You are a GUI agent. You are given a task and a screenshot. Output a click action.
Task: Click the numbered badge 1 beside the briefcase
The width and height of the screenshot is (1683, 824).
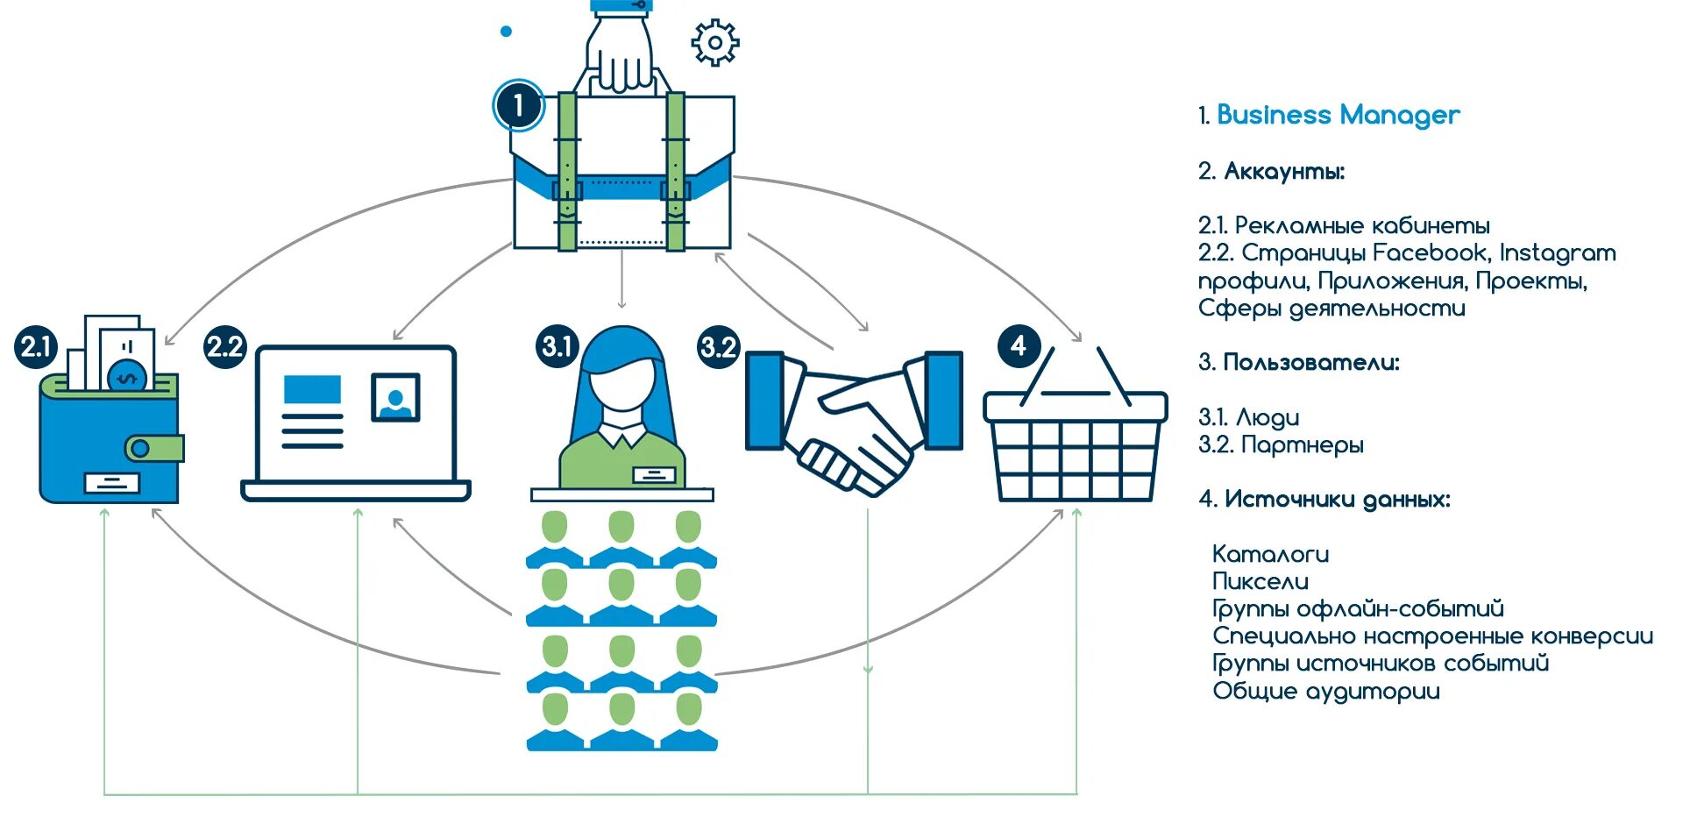tap(518, 105)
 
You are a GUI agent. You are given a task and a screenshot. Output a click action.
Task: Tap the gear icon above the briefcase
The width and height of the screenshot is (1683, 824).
tap(715, 42)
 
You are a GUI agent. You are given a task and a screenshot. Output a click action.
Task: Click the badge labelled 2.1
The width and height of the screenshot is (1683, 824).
tap(36, 347)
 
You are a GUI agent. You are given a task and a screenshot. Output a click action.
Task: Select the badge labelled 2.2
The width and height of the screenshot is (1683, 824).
tap(224, 347)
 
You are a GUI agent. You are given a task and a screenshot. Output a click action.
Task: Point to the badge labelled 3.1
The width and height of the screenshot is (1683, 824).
tap(557, 346)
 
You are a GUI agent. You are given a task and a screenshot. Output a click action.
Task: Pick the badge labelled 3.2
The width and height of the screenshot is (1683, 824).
tap(718, 347)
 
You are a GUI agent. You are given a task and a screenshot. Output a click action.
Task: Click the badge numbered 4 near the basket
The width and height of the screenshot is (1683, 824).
tap(1019, 345)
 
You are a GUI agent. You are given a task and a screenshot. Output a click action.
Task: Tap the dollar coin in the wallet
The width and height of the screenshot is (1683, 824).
tap(128, 376)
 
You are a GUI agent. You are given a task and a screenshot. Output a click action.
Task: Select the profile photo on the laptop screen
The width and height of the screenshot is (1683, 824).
tap(395, 398)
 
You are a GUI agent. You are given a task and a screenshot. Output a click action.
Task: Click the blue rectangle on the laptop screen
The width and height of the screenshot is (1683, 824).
tap(312, 389)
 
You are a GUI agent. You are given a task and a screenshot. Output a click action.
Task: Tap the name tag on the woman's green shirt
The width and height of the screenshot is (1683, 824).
tap(654, 475)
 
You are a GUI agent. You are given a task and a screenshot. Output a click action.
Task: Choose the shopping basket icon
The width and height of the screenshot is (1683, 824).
tap(1076, 438)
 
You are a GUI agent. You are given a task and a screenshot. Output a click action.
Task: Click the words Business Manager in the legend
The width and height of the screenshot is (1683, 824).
tap(1338, 115)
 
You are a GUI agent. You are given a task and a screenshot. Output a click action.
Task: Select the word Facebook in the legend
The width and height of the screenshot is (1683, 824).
tap(1430, 252)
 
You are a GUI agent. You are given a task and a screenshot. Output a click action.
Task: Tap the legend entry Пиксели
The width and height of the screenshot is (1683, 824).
tap(1260, 581)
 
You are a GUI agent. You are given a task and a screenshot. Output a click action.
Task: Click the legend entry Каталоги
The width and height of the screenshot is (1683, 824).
tap(1270, 554)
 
